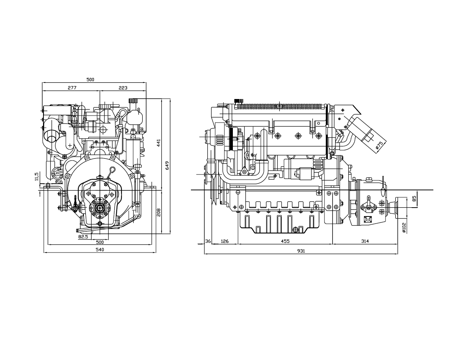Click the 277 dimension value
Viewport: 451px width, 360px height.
click(72, 88)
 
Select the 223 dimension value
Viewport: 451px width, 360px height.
click(123, 88)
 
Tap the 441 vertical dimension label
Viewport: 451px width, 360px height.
click(159, 143)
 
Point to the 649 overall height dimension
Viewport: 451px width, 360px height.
click(167, 165)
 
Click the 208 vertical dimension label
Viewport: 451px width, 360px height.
click(159, 212)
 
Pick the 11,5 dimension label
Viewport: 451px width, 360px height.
click(36, 176)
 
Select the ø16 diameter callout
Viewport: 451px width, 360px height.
click(59, 181)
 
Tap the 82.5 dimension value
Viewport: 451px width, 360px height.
click(83, 237)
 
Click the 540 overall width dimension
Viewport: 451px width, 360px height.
click(100, 250)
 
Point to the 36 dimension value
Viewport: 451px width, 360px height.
click(208, 241)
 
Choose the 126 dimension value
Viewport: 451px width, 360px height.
click(224, 241)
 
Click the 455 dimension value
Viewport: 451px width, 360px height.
click(285, 241)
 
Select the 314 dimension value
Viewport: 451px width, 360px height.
click(365, 241)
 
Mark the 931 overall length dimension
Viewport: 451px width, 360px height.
click(301, 251)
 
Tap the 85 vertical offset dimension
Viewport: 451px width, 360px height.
click(414, 198)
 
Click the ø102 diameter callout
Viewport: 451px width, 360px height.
click(404, 227)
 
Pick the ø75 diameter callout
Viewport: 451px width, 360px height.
click(379, 145)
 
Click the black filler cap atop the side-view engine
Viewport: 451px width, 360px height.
click(238, 101)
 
